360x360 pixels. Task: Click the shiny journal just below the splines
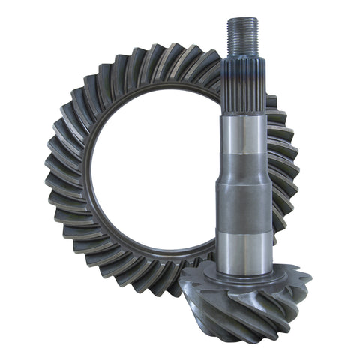pos(241,135)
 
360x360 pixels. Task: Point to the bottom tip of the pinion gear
pos(259,341)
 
